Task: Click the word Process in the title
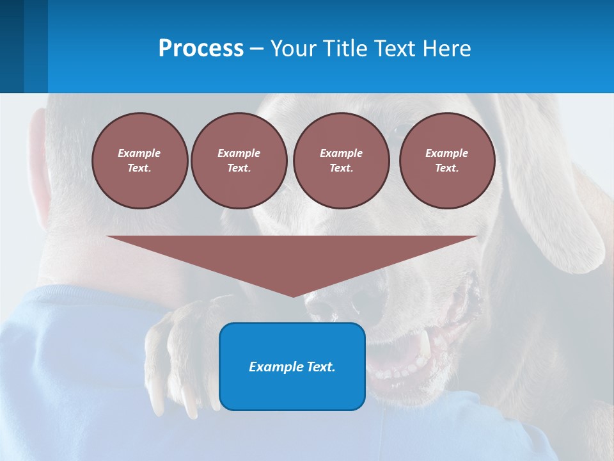pyautogui.click(x=201, y=49)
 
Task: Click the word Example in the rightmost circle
pyautogui.click(x=446, y=153)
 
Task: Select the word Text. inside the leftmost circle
pyautogui.click(x=139, y=168)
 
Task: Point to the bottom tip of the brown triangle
pyautogui.click(x=293, y=295)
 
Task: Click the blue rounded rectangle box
pyautogui.click(x=292, y=391)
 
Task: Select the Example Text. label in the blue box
pyautogui.click(x=292, y=367)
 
